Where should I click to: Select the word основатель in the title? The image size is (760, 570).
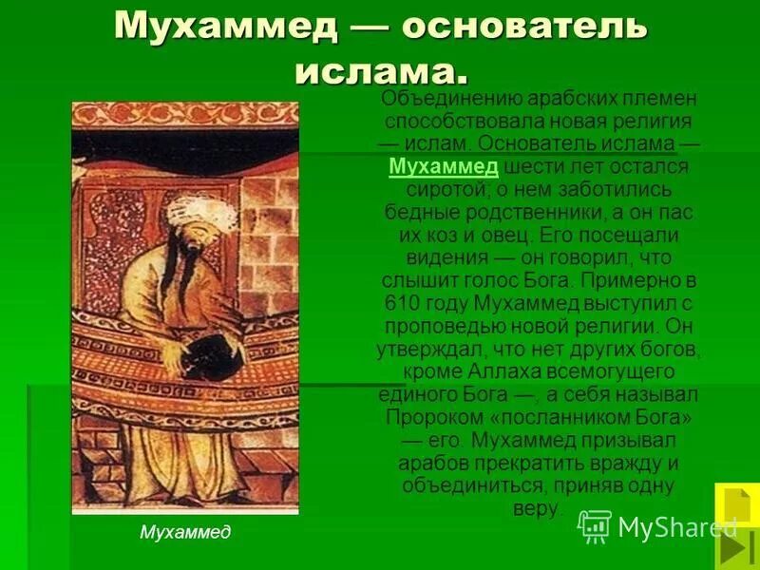(x=524, y=28)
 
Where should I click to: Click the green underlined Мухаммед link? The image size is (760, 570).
(x=444, y=166)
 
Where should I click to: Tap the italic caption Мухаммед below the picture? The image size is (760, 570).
(x=185, y=532)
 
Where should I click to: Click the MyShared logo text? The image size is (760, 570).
(x=675, y=526)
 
